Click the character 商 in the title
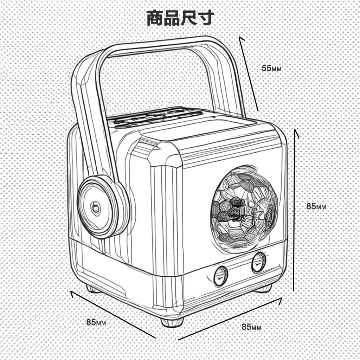pos(155,18)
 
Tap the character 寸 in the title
pos(205,18)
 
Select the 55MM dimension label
pos(271,68)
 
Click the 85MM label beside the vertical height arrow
pos(316,206)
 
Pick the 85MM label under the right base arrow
pos(251,327)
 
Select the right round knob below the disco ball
pos(258,262)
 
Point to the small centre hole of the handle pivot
pos(95,207)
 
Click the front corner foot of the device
pos(172,321)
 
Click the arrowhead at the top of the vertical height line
pos(296,132)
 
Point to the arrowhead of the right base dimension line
pos(280,300)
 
